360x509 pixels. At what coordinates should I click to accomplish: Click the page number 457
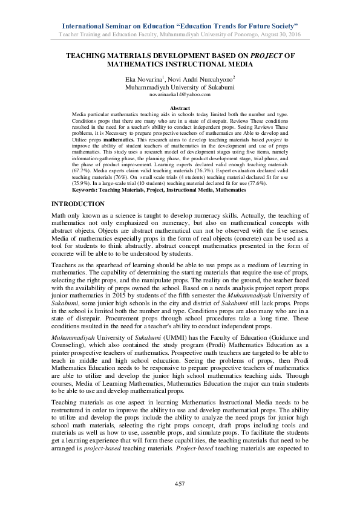coord(180,484)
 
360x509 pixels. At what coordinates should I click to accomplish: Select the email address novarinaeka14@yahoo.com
coord(180,94)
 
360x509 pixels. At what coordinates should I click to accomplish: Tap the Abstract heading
coord(180,108)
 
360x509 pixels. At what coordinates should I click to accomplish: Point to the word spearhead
coord(111,265)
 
